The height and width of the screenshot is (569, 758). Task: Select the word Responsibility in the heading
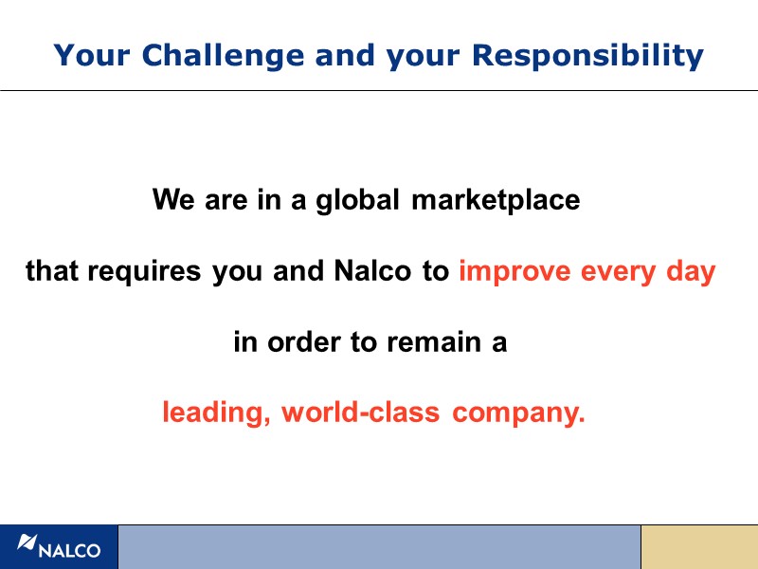tap(587, 56)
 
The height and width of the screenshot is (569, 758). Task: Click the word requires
tap(143, 273)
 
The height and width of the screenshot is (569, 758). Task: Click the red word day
tap(692, 273)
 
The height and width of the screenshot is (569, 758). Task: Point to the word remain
tap(432, 342)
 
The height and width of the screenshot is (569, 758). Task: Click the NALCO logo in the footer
tap(59, 547)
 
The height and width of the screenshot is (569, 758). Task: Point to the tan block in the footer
tap(699, 547)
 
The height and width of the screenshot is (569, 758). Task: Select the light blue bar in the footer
tap(379, 547)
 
